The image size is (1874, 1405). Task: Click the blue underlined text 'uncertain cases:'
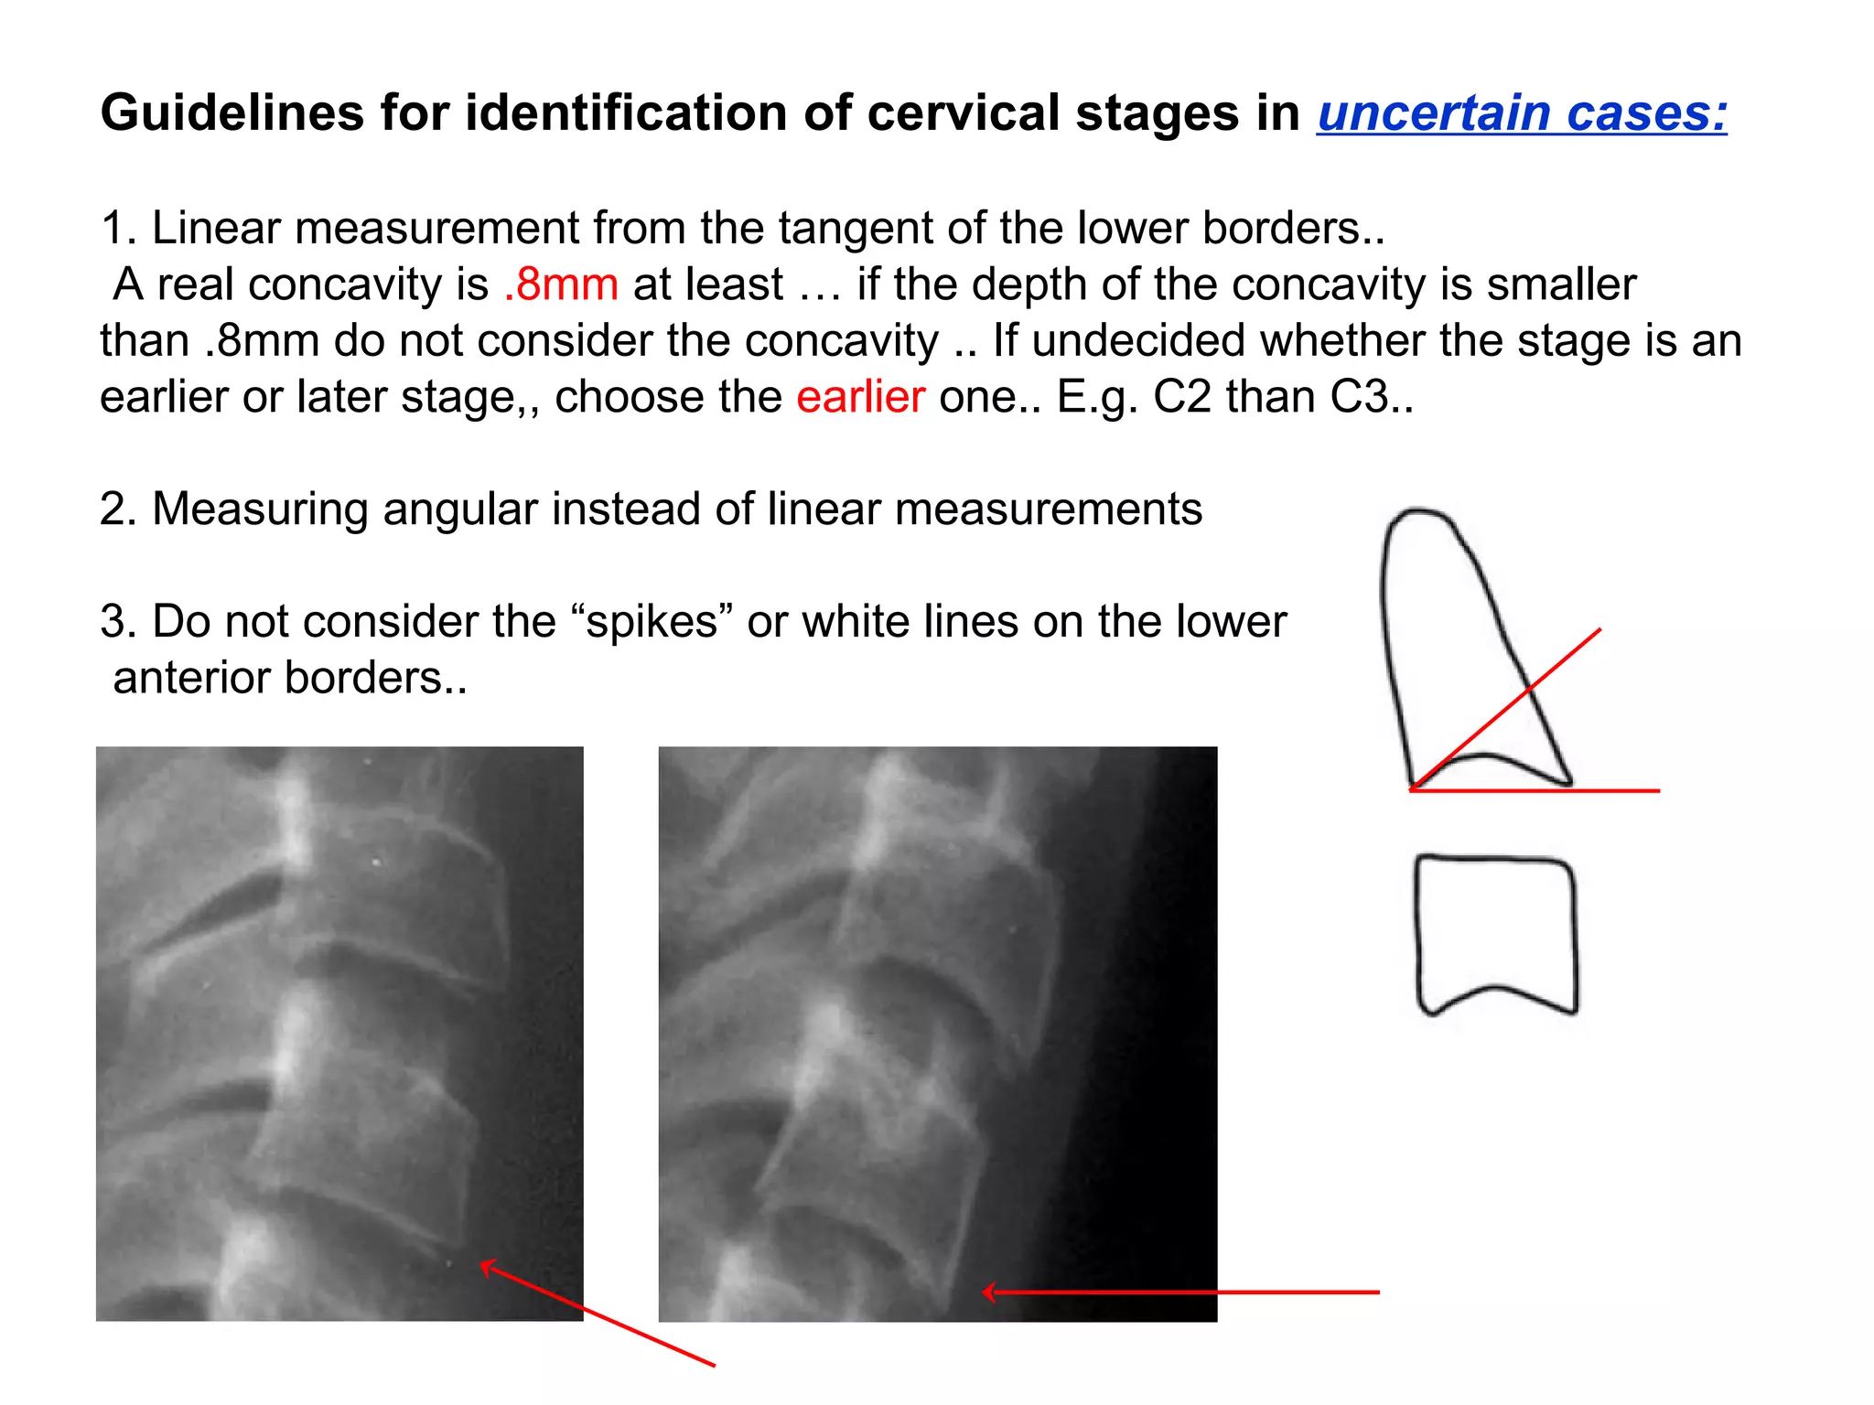(1522, 113)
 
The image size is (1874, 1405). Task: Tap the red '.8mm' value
(561, 284)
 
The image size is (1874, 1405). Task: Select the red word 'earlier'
(860, 397)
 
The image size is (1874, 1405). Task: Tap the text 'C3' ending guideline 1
(1362, 397)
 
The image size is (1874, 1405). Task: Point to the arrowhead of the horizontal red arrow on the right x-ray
(988, 1292)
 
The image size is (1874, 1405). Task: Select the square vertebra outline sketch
(1496, 933)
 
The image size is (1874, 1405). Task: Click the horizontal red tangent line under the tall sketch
(1610, 790)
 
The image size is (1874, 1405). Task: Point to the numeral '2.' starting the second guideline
(118, 509)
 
